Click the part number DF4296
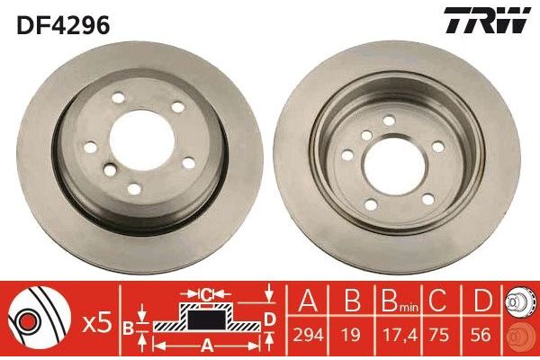point(63,25)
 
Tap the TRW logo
point(487,21)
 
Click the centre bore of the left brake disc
point(141,140)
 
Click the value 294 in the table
point(308,334)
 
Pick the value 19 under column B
point(352,334)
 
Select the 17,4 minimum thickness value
point(399,335)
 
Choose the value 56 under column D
point(481,334)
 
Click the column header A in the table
point(308,301)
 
